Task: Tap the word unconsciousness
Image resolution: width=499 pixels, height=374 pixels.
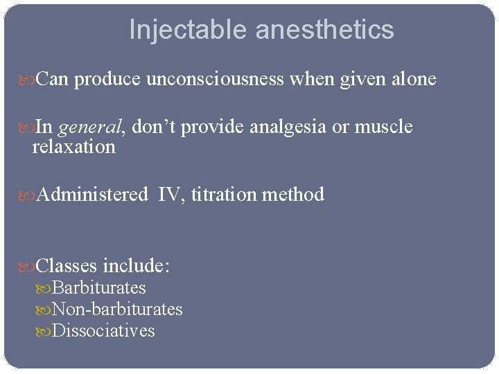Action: pyautogui.click(x=215, y=80)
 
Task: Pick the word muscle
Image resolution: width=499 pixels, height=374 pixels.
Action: pyautogui.click(x=383, y=127)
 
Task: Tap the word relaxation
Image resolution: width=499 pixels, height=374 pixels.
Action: pyautogui.click(x=74, y=147)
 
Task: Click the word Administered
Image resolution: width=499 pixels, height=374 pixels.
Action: pyautogui.click(x=91, y=195)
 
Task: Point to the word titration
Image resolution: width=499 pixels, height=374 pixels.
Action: pyautogui.click(x=224, y=195)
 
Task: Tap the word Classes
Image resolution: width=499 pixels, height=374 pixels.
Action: pyautogui.click(x=67, y=266)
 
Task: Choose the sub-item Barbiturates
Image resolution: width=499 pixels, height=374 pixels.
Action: pyautogui.click(x=98, y=287)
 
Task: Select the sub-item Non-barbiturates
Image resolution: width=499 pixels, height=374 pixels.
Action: pyautogui.click(x=117, y=310)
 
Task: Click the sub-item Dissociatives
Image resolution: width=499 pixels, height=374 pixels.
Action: pyautogui.click(x=103, y=331)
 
